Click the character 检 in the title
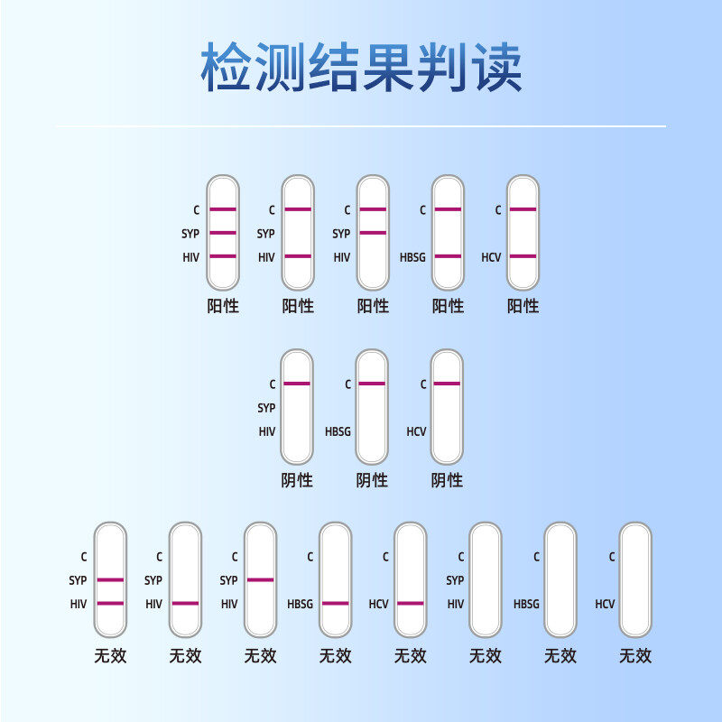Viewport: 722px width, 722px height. pyautogui.click(x=226, y=67)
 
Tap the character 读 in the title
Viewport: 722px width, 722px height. pyautogui.click(x=496, y=67)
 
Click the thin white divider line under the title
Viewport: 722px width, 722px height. pyautogui.click(x=361, y=126)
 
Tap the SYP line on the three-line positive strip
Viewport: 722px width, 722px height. pyautogui.click(x=223, y=233)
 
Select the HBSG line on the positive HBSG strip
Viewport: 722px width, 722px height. pyautogui.click(x=448, y=256)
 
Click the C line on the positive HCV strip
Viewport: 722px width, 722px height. pyautogui.click(x=523, y=209)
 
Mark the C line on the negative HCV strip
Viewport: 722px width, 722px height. pyautogui.click(x=447, y=384)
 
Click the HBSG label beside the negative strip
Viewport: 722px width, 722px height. pyautogui.click(x=338, y=432)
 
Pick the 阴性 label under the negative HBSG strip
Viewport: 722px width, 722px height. pyautogui.click(x=372, y=480)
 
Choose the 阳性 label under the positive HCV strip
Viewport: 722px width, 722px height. pyautogui.click(x=523, y=306)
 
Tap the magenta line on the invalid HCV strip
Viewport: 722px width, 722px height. pyautogui.click(x=410, y=603)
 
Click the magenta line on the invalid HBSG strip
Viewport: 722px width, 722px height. pyautogui.click(x=335, y=603)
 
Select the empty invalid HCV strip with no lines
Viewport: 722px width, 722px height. pyautogui.click(x=634, y=579)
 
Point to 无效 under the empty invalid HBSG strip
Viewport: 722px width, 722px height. pyautogui.click(x=560, y=656)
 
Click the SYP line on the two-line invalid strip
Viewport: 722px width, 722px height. pyautogui.click(x=110, y=579)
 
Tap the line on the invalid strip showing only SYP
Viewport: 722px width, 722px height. pyautogui.click(x=260, y=579)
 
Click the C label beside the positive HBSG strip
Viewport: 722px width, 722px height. pyautogui.click(x=422, y=210)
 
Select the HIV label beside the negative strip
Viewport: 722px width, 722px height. pyautogui.click(x=266, y=432)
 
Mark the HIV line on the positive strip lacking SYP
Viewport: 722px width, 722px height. pyautogui.click(x=298, y=256)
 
